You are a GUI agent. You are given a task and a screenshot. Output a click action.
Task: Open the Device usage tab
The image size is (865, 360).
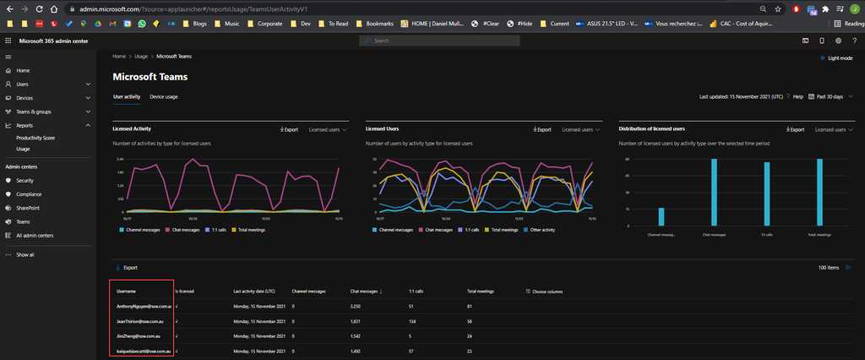click(x=164, y=97)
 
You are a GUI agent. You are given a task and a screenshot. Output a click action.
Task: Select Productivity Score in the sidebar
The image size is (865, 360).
click(x=35, y=138)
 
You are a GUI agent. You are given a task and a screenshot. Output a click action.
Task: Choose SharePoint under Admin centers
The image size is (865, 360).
click(x=28, y=208)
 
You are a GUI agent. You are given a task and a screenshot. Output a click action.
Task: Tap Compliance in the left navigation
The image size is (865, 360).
click(x=29, y=194)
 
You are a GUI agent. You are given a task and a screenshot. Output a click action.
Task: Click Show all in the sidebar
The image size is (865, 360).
click(x=25, y=254)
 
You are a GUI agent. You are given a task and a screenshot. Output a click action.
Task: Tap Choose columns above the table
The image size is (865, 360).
click(x=546, y=292)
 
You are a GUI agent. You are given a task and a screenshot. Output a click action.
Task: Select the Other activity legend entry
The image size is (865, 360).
click(x=541, y=229)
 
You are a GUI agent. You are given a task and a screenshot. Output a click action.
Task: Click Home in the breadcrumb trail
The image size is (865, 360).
click(x=119, y=57)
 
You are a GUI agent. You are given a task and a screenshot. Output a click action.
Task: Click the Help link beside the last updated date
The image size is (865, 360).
click(x=797, y=97)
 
